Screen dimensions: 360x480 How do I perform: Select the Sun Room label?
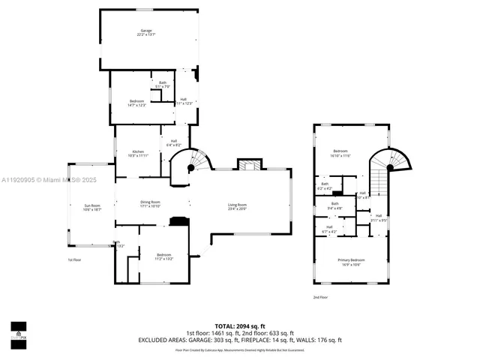click(x=91, y=208)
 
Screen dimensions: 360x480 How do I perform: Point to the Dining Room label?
click(x=150, y=204)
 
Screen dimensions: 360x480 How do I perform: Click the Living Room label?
click(x=238, y=207)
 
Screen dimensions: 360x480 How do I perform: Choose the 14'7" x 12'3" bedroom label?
click(x=136, y=103)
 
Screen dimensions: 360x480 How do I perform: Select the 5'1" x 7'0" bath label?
click(x=163, y=85)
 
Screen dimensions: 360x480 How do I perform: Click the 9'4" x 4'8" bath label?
click(x=335, y=205)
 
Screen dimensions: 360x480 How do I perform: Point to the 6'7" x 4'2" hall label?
click(x=328, y=229)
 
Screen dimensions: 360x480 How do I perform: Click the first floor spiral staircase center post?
click(x=190, y=169)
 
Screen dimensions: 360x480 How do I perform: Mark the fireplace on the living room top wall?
click(x=248, y=165)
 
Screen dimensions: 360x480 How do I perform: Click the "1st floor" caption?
click(x=74, y=259)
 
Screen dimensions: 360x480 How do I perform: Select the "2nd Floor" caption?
click(x=321, y=298)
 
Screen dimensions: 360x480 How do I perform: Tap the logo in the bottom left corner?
click(x=18, y=330)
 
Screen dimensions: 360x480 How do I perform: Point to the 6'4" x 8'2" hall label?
click(x=173, y=143)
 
